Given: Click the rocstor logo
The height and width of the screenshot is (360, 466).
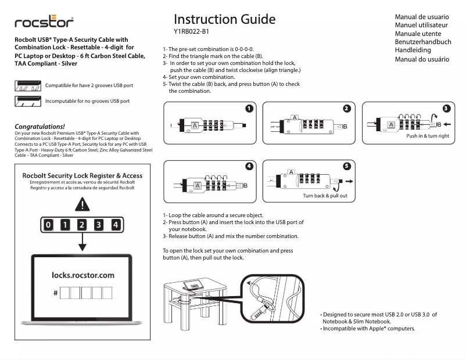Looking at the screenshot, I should tap(44, 23).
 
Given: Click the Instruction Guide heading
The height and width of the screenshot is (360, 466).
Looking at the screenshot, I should tap(224, 19).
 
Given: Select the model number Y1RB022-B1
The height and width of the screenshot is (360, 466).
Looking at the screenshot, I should tap(191, 32).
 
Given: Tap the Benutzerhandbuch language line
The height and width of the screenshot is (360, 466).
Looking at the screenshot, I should tap(422, 42).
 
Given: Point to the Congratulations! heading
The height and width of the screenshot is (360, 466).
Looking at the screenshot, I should tap(40, 126).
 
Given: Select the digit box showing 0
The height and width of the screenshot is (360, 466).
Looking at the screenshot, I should tap(49, 225).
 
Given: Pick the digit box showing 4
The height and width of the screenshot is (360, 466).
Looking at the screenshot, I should tap(116, 225).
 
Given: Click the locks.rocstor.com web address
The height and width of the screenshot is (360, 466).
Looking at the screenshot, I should tap(83, 275).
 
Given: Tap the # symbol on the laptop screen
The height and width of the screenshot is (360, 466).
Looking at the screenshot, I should tap(55, 293).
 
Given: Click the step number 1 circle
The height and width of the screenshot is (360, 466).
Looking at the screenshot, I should tap(249, 108).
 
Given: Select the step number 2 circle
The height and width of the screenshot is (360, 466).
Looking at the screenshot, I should tap(347, 108).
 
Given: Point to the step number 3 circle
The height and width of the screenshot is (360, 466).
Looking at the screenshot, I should tap(446, 108).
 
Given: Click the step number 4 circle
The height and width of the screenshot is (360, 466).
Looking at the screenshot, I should tap(249, 166).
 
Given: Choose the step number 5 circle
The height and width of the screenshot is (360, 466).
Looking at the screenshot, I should tap(347, 166).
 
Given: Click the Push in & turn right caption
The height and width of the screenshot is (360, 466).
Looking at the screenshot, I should tap(427, 136).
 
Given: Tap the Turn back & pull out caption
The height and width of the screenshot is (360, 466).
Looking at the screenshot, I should tap(325, 196).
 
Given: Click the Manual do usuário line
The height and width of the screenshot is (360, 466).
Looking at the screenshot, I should tap(422, 59).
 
